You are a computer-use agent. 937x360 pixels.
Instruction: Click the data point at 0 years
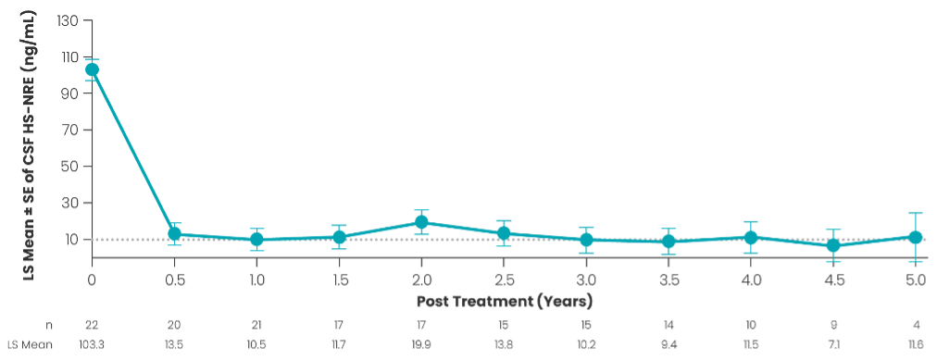pos(92,69)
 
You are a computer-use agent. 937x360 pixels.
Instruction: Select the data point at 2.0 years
pos(421,222)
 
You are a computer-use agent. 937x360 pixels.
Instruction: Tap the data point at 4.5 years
pos(833,245)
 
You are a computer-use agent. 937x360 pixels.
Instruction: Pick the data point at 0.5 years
pos(174,233)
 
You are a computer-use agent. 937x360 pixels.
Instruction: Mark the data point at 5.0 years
pos(915,237)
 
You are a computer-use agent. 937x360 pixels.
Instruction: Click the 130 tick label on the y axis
pos(68,21)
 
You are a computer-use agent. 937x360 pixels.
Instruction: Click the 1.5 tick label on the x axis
pos(339,279)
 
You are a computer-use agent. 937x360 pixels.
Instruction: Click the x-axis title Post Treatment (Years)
pos(505,302)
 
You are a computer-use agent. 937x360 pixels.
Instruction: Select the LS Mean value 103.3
pos(92,344)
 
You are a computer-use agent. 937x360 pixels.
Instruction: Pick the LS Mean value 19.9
pos(421,344)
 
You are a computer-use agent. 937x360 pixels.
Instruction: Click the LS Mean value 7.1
pos(833,344)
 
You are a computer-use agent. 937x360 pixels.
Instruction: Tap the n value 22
pos(92,325)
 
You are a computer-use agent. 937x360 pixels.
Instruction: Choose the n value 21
pos(256,325)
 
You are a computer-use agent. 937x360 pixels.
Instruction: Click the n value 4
pos(915,325)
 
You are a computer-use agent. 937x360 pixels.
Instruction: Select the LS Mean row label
pos(30,344)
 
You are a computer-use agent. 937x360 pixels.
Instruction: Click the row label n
pos(49,326)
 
